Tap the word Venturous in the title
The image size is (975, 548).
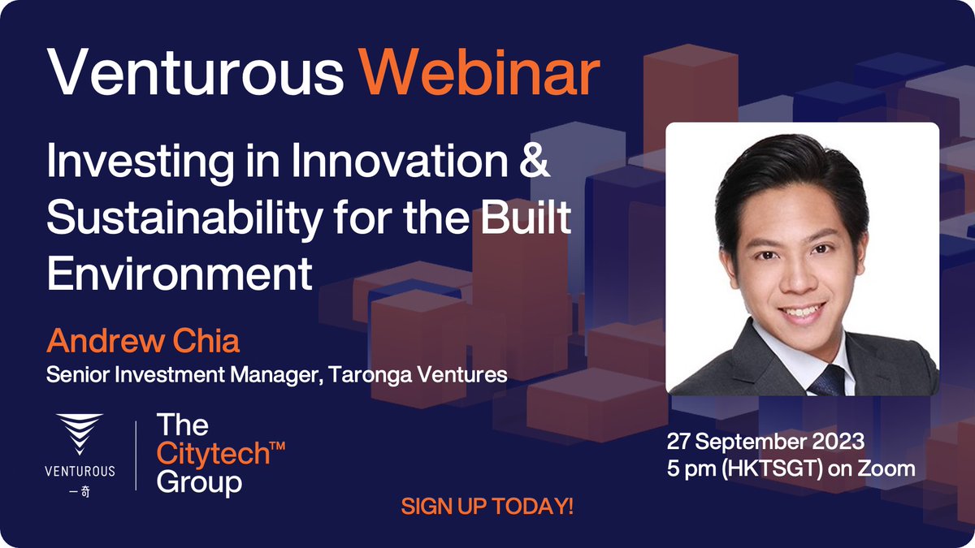[196, 74]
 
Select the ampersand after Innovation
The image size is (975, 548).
[535, 163]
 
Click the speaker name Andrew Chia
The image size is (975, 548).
[143, 341]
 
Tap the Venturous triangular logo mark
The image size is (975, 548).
[80, 435]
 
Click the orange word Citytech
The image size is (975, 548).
[214, 454]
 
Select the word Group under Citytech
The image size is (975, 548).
[199, 483]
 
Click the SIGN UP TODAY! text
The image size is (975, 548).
[487, 507]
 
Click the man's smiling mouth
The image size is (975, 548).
[802, 310]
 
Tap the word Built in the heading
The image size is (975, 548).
[529, 220]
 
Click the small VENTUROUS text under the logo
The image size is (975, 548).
[80, 470]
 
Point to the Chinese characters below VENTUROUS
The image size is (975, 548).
[80, 491]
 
